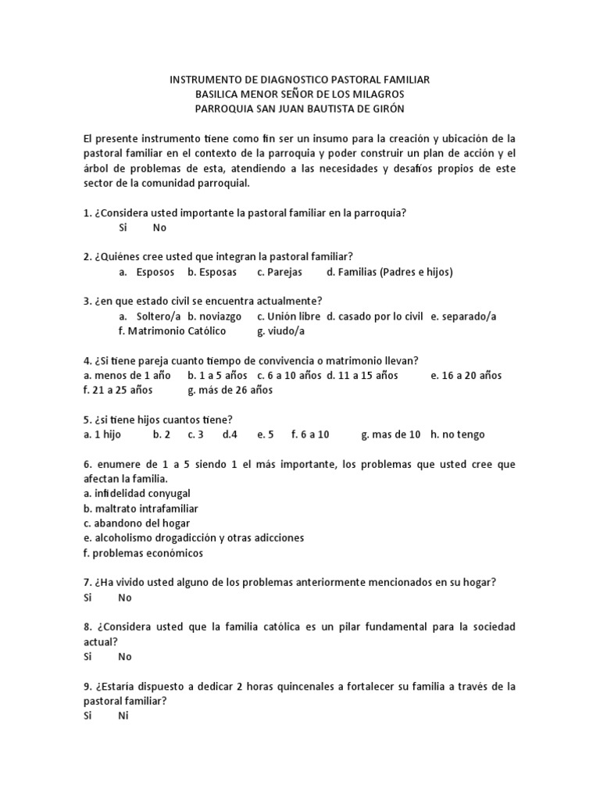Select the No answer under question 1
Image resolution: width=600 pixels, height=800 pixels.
tap(160, 227)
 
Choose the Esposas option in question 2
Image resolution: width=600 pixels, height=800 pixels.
tap(207, 272)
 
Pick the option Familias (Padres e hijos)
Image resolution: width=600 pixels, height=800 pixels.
tap(390, 272)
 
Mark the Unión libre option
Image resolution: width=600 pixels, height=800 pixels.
tap(288, 316)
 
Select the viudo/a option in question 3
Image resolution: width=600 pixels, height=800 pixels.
tap(280, 330)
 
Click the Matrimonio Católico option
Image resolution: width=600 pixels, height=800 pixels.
tap(172, 330)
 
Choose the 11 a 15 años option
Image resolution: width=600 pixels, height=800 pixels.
tap(362, 375)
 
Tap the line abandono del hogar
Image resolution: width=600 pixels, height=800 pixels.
tap(137, 523)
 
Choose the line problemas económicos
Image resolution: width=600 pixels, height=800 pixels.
tap(143, 553)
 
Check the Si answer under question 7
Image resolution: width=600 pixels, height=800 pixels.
tap(87, 598)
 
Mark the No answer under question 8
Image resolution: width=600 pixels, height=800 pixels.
tap(125, 657)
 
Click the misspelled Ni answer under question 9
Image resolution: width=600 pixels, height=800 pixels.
tap(123, 716)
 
